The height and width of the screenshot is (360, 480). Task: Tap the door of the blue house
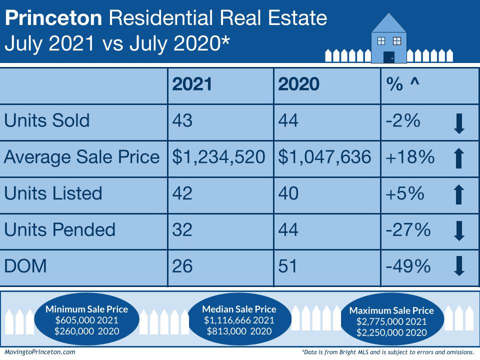coord(388,56)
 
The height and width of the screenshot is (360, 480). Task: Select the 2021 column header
coord(192,84)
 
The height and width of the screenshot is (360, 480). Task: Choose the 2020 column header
coord(298,84)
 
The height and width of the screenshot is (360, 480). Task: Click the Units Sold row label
coord(47,120)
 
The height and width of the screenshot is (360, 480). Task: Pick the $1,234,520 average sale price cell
coord(219,157)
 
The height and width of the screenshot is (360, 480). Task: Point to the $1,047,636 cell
coord(325,157)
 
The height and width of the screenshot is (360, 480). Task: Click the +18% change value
coord(409,157)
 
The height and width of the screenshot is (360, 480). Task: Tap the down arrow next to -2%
coord(459,123)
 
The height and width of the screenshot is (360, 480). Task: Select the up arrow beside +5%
coord(459,194)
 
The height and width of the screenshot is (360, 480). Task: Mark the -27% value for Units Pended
coord(408,229)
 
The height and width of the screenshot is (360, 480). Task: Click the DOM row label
coord(25,266)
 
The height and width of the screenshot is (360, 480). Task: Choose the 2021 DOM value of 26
coord(182,266)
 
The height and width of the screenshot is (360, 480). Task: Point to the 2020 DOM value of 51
coord(287,266)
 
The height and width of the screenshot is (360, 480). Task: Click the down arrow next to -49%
coord(459,266)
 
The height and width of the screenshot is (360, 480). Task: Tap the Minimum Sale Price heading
coord(86,309)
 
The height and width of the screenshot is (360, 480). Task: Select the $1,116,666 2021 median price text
coord(238,320)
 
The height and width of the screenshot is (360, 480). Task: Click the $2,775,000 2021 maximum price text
coord(391,321)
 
